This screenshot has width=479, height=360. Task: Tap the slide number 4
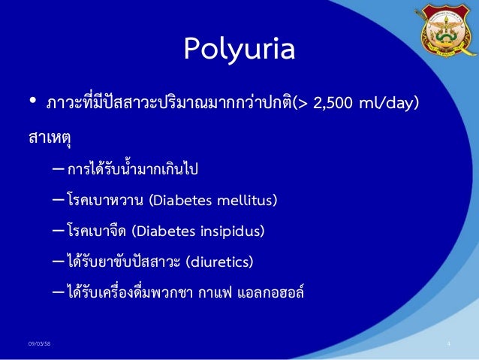447,344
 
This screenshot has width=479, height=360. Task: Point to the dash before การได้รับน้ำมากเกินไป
58,169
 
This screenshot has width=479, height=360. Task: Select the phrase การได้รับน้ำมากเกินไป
132,169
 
